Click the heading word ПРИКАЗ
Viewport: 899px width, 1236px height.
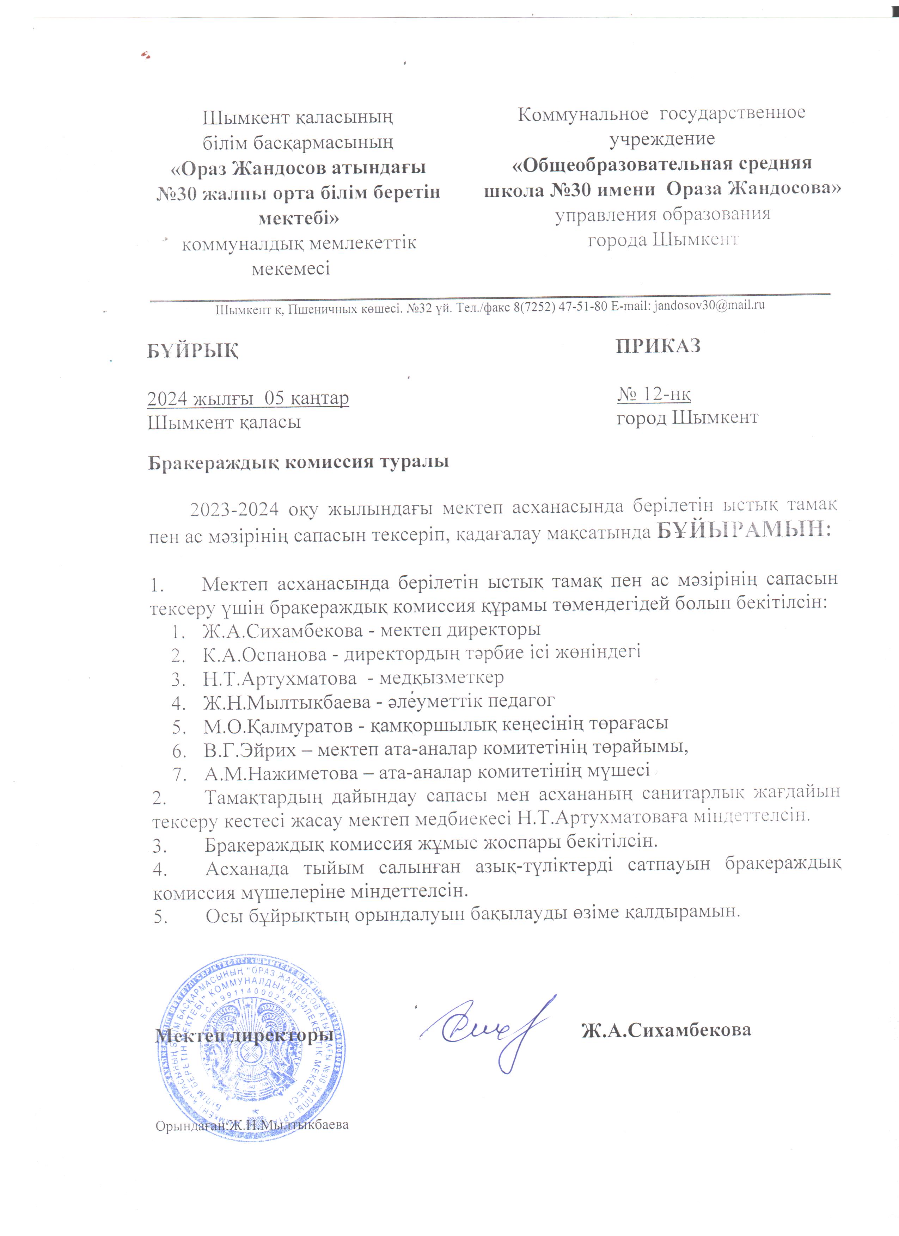[658, 346]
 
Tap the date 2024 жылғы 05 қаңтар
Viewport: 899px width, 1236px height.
[248, 398]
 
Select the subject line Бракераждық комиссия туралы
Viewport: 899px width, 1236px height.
[299, 462]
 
